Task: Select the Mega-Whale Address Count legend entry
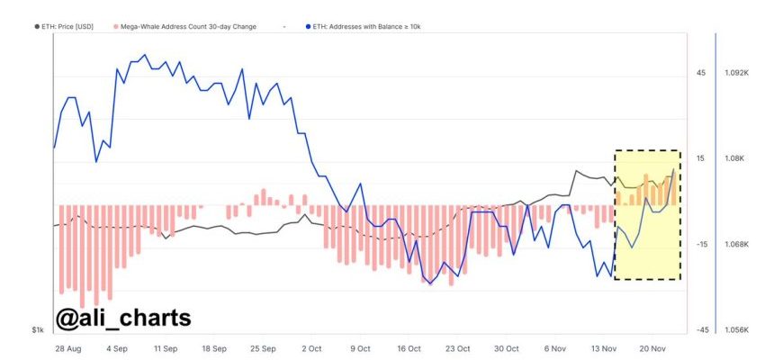(x=184, y=27)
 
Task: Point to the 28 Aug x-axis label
(x=68, y=347)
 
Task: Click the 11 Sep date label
(x=166, y=347)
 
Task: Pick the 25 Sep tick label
(x=263, y=347)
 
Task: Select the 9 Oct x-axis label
(x=359, y=347)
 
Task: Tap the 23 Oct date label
(x=457, y=347)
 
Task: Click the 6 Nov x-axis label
(x=555, y=347)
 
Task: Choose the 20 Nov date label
(x=652, y=347)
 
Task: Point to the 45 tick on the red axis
(x=700, y=73)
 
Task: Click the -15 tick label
(x=700, y=244)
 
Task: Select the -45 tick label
(x=700, y=330)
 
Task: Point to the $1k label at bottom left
(x=37, y=331)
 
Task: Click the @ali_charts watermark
(x=123, y=318)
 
